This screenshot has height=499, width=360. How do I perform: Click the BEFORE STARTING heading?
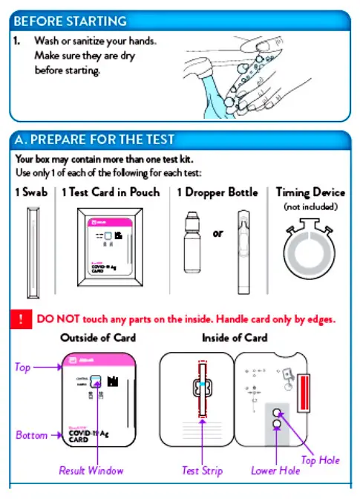click(71, 21)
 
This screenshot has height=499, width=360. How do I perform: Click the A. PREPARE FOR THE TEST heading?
click(94, 140)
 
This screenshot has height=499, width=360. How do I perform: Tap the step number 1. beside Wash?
click(17, 41)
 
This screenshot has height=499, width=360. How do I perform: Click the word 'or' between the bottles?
click(217, 233)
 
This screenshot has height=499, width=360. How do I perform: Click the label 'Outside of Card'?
click(98, 338)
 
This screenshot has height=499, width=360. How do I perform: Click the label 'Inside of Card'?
click(235, 338)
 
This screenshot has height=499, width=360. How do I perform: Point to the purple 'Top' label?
click(23, 367)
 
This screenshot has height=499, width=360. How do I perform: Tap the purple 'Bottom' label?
click(31, 435)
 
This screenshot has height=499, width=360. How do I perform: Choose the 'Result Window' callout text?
click(91, 471)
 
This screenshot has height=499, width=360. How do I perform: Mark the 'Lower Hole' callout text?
click(274, 471)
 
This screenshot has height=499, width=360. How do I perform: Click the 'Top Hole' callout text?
click(320, 460)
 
